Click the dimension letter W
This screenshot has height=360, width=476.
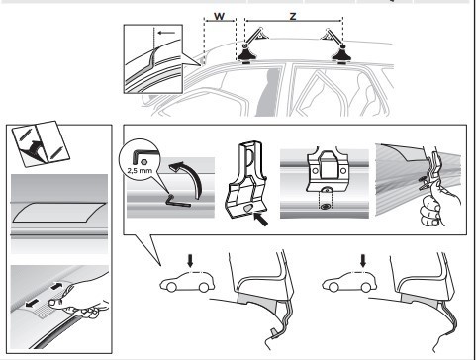pos(219,16)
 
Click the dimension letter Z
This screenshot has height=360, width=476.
pos(293,16)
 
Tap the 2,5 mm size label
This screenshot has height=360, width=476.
pos(140,171)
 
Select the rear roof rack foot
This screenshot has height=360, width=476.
pos(342,54)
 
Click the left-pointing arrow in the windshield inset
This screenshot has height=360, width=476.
pos(166,33)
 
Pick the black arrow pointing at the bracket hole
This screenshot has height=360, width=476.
pos(260,220)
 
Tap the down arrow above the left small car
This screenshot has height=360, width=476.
pos(190,262)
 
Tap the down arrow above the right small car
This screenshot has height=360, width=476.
pos(363,262)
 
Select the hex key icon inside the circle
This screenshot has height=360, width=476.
pos(137,157)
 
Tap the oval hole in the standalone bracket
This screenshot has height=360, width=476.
pos(248,208)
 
